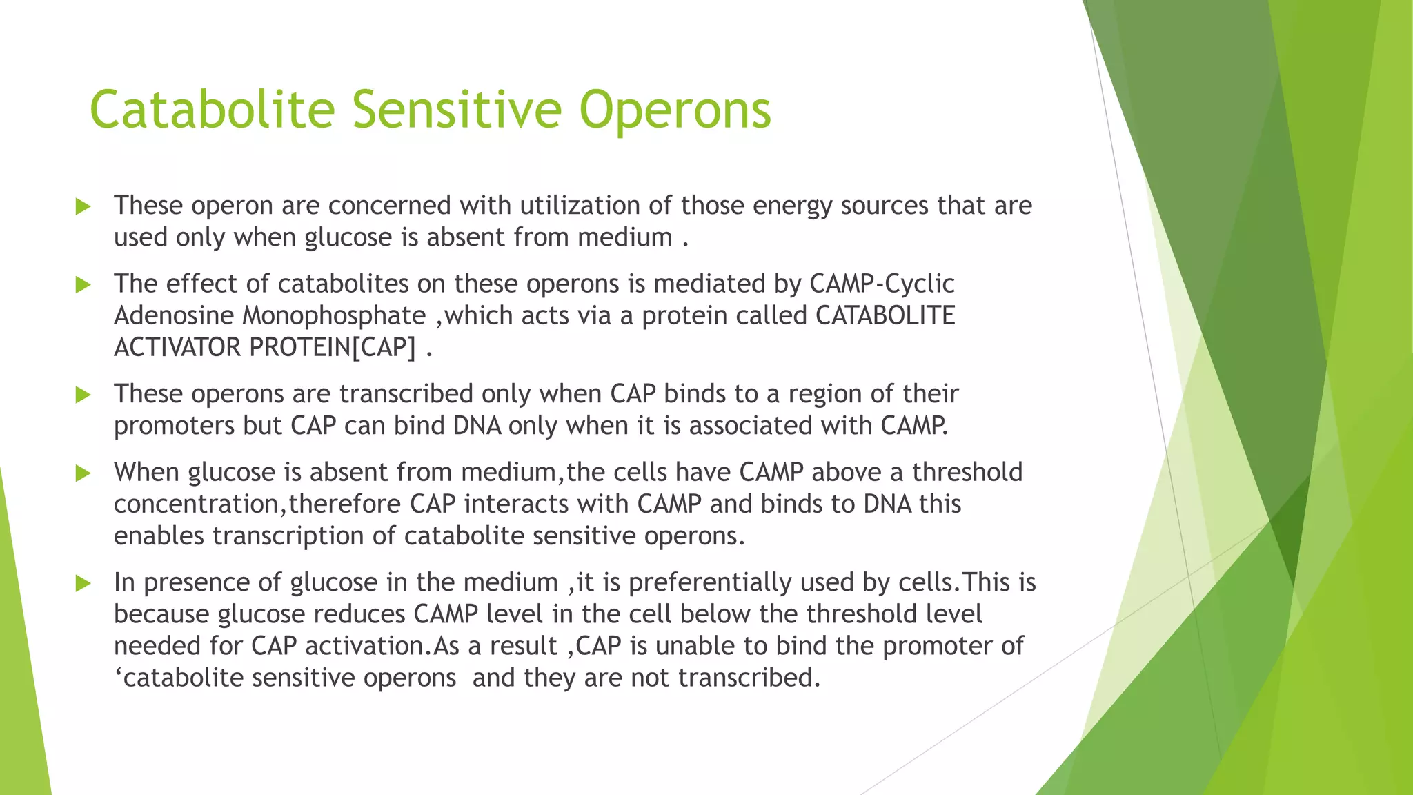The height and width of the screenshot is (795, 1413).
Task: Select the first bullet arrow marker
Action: pyautogui.click(x=83, y=206)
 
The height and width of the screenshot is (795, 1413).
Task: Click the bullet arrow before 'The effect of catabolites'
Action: pyautogui.click(x=83, y=284)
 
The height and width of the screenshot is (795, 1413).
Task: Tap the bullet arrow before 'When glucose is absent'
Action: pyautogui.click(x=83, y=473)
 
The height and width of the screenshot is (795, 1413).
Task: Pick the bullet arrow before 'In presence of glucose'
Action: pyautogui.click(x=83, y=583)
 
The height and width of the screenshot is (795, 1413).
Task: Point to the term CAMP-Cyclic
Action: pyautogui.click(x=881, y=284)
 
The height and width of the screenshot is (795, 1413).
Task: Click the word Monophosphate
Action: pyautogui.click(x=334, y=316)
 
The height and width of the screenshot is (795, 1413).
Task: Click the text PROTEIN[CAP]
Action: pyautogui.click(x=333, y=347)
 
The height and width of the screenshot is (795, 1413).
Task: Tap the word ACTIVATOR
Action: pyautogui.click(x=177, y=347)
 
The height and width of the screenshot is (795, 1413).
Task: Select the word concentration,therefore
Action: pyautogui.click(x=257, y=504)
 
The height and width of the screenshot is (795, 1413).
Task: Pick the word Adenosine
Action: pyautogui.click(x=174, y=316)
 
